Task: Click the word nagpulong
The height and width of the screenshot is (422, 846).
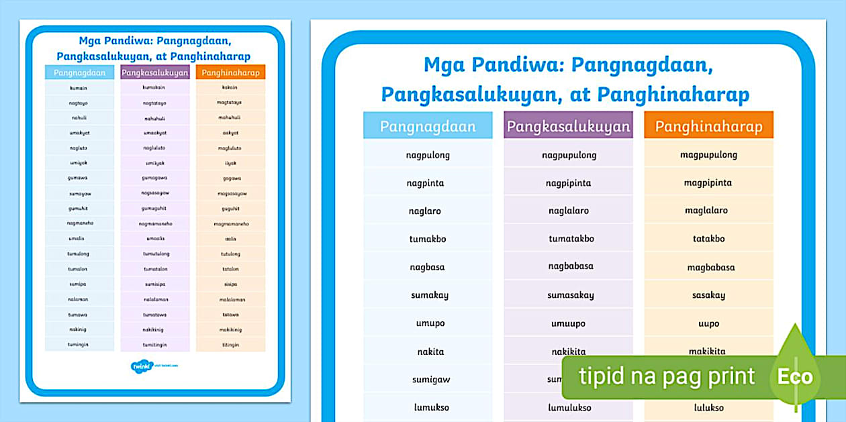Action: coord(428,155)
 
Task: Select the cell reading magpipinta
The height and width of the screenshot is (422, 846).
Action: coord(708,182)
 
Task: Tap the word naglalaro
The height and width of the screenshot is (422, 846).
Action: coord(568,211)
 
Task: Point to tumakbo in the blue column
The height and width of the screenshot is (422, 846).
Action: coord(428,239)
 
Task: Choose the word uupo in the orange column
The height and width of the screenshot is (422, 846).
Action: coord(708,323)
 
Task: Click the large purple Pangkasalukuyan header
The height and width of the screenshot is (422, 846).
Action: coord(568,126)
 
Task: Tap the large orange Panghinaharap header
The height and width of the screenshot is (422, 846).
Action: coord(708,126)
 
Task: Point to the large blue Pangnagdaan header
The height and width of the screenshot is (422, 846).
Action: coord(428,126)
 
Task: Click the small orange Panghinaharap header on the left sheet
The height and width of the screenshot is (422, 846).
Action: coord(230,72)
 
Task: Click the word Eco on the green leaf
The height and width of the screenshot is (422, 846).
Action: coord(795,377)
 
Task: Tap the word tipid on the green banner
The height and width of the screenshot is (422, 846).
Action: coord(603,376)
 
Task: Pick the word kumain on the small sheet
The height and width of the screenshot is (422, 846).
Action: coord(79,87)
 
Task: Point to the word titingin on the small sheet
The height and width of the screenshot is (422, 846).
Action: coord(230,345)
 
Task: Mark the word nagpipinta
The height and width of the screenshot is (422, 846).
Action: coord(568,183)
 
